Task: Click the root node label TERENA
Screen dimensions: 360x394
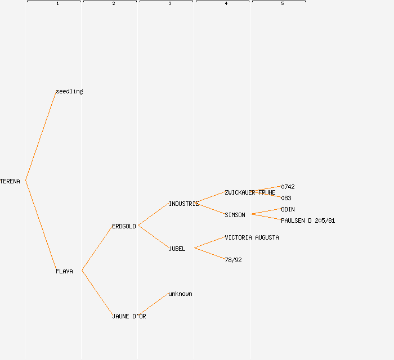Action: pyautogui.click(x=10, y=181)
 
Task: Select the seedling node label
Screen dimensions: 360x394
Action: pyautogui.click(x=69, y=91)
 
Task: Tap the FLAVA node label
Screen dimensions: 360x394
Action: pyautogui.click(x=64, y=271)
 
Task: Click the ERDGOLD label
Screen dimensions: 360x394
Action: pyautogui.click(x=124, y=226)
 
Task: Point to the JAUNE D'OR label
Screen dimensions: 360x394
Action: pyautogui.click(x=129, y=316)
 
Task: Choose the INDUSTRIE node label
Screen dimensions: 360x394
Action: pyautogui.click(x=183, y=204)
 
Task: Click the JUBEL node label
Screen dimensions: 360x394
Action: pyautogui.click(x=177, y=249)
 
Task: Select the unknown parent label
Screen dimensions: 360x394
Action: pyautogui.click(x=180, y=294)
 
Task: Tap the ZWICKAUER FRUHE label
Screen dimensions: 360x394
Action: pyautogui.click(x=250, y=192)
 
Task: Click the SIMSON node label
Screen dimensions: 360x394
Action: pyautogui.click(x=235, y=215)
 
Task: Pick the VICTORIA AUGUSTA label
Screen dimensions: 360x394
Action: pyautogui.click(x=252, y=237)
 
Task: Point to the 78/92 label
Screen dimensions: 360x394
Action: pyautogui.click(x=233, y=260)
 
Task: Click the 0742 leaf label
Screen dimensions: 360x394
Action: pyautogui.click(x=288, y=187)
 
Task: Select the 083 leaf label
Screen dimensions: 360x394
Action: pyautogui.click(x=286, y=198)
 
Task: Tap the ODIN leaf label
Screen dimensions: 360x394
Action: pyautogui.click(x=288, y=209)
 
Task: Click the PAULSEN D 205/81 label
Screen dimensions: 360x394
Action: pyautogui.click(x=308, y=220)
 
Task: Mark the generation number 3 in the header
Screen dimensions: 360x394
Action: pyautogui.click(x=169, y=4)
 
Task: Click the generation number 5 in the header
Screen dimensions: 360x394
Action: pyautogui.click(x=282, y=4)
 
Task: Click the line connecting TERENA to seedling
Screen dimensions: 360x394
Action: pyautogui.click(x=41, y=136)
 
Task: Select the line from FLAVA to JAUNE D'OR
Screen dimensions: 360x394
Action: pyautogui.click(x=97, y=293)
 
